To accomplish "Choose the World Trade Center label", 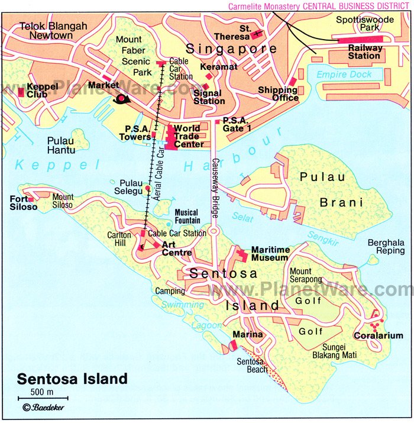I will pos(188,136).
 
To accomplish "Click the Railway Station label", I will pos(364,51).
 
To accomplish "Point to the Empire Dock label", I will pos(344,75).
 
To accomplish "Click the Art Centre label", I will pos(176,248).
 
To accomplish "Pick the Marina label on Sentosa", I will pos(248,335).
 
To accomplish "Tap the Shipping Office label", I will pos(278,93).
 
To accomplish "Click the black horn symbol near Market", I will pos(124,99).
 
